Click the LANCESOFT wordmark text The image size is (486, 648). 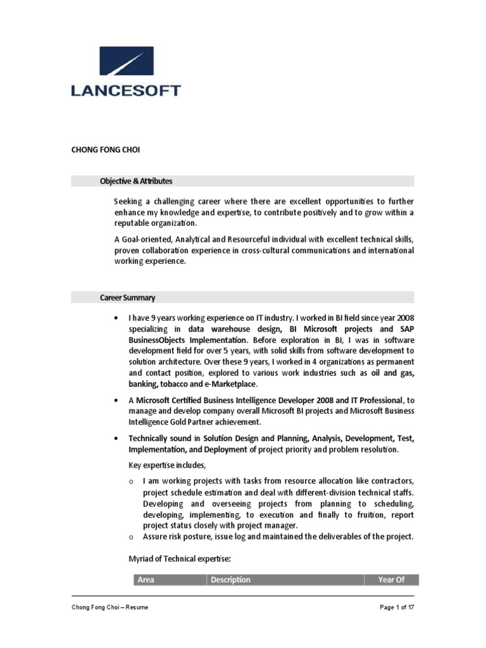pyautogui.click(x=126, y=90)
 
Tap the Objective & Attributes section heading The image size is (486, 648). pyautogui.click(x=136, y=182)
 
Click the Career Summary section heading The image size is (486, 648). pyautogui.click(x=127, y=297)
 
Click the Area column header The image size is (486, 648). pyautogui.click(x=146, y=580)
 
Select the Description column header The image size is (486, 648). pyautogui.click(x=231, y=580)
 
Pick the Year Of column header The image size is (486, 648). pyautogui.click(x=391, y=580)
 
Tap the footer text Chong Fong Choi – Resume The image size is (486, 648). pyautogui.click(x=110, y=607)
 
